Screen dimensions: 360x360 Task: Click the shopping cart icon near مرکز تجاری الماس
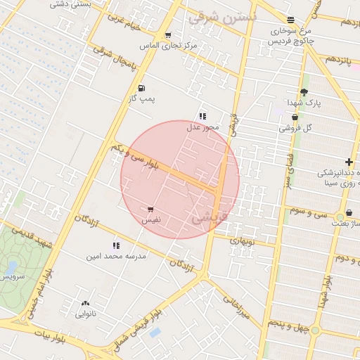(167, 35)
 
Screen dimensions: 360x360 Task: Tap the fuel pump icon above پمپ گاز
(142, 89)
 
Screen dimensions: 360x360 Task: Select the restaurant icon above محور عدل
(202, 116)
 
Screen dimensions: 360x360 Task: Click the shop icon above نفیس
(150, 210)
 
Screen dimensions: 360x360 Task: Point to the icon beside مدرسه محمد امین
(116, 245)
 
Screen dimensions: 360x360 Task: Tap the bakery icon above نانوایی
(86, 304)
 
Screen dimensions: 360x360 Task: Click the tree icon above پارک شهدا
(304, 92)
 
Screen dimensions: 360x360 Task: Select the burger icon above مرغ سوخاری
(291, 20)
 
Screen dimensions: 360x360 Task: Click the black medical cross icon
(349, 162)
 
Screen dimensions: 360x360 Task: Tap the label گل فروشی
(296, 128)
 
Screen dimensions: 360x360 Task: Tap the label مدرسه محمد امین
(116, 257)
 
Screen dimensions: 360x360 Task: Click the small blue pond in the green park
(12, 267)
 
